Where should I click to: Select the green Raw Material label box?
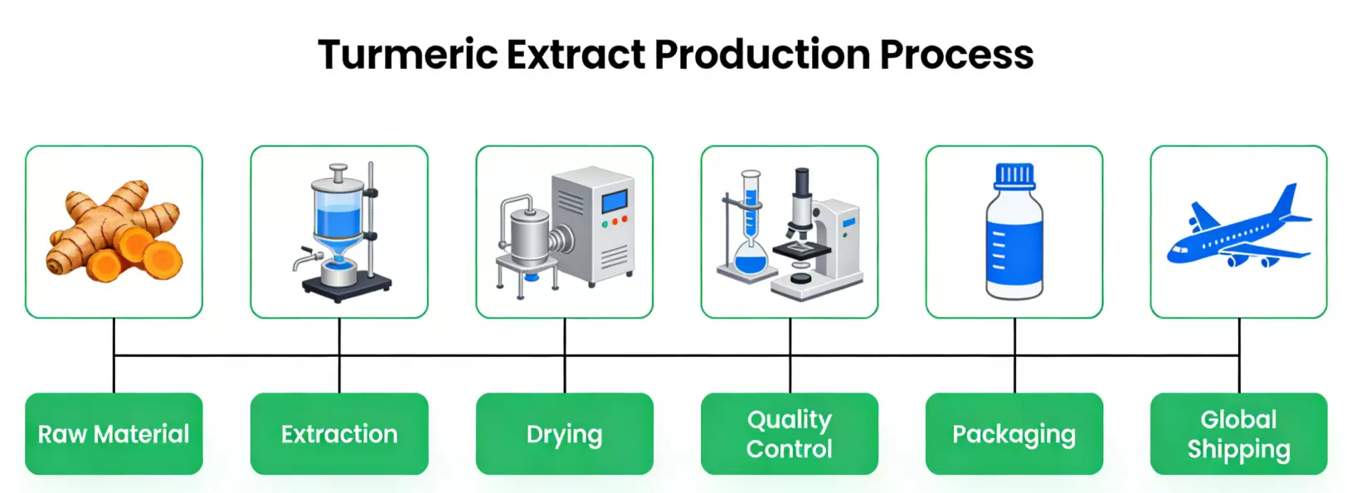(114, 434)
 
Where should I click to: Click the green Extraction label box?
(339, 434)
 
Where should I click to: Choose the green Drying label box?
(564, 434)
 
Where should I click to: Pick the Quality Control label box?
(789, 434)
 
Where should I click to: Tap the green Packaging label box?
(1014, 434)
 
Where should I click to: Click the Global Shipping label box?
(1238, 434)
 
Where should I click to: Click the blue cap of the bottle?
(1014, 175)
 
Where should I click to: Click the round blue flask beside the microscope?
(751, 262)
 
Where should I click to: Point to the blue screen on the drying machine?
(615, 201)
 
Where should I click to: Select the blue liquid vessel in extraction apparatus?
(338, 220)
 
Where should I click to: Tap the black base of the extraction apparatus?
(347, 287)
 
